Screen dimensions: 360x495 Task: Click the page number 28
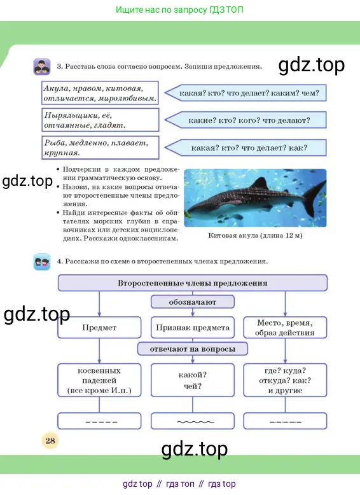50,440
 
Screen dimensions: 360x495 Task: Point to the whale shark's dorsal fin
260,184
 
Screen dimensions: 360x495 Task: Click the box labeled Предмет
99,328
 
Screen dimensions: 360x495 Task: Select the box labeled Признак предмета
193,328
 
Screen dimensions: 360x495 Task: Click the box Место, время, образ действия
285,328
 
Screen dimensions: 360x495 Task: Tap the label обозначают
193,302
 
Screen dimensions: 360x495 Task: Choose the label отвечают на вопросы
193,349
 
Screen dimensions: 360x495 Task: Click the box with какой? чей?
193,380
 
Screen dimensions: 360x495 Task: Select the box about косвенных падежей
99,380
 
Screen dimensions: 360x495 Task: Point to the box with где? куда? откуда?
285,380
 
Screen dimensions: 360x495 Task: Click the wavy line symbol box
193,421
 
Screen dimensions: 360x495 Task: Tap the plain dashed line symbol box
99,421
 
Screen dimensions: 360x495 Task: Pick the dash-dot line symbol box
285,421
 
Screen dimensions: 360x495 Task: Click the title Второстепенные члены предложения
193,283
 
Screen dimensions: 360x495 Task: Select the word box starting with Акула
100,93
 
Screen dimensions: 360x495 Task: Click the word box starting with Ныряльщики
100,120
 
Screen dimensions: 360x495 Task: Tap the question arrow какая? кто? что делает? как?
246,148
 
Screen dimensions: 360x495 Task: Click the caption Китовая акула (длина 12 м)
255,235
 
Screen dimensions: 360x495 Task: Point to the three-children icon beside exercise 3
42,66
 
